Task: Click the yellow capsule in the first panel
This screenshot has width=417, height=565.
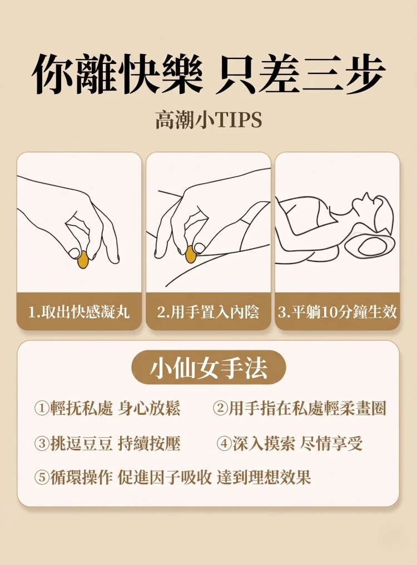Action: pos(83,260)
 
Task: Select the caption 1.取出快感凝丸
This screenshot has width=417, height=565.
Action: pos(79,312)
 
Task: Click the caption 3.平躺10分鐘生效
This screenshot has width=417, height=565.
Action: pos(337,312)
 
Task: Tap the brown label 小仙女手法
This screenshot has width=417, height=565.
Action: pos(209,368)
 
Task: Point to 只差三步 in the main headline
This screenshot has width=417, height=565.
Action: pos(300,75)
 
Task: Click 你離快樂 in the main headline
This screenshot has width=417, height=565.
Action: pos(118,75)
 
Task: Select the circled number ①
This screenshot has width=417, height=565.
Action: pos(42,409)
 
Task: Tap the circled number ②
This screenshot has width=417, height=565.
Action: pos(220,409)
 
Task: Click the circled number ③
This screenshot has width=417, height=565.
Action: pos(42,444)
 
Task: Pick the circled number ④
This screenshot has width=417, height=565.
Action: pos(224,444)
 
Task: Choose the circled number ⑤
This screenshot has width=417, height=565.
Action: pos(42,478)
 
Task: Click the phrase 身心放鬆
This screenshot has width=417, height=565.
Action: pos(149,408)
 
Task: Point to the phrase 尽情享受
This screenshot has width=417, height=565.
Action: pos(331,443)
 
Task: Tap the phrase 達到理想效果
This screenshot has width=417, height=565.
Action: pos(264,478)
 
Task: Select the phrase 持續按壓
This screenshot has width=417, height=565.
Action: pos(149,443)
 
